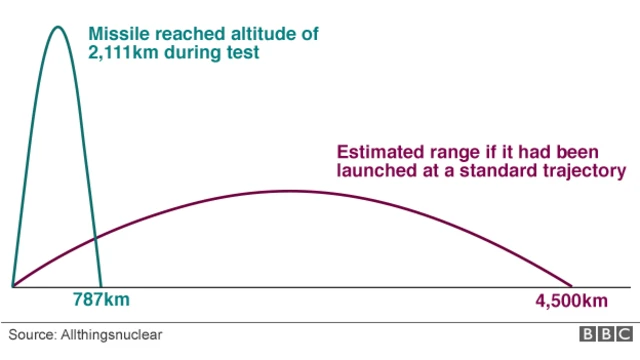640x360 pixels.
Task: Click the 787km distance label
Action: click(x=101, y=300)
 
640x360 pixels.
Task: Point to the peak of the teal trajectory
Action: click(x=57, y=26)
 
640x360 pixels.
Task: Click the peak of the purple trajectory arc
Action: click(x=290, y=191)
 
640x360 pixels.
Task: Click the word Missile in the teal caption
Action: click(x=117, y=34)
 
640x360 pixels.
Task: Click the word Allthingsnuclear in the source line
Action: click(x=115, y=335)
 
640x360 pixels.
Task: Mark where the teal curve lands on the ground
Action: click(x=101, y=286)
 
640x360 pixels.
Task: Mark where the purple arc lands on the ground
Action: click(x=572, y=286)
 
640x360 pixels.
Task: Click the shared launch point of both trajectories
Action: click(x=13, y=286)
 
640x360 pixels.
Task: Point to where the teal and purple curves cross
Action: click(x=94, y=239)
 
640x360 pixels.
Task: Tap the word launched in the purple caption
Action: click(x=374, y=172)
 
